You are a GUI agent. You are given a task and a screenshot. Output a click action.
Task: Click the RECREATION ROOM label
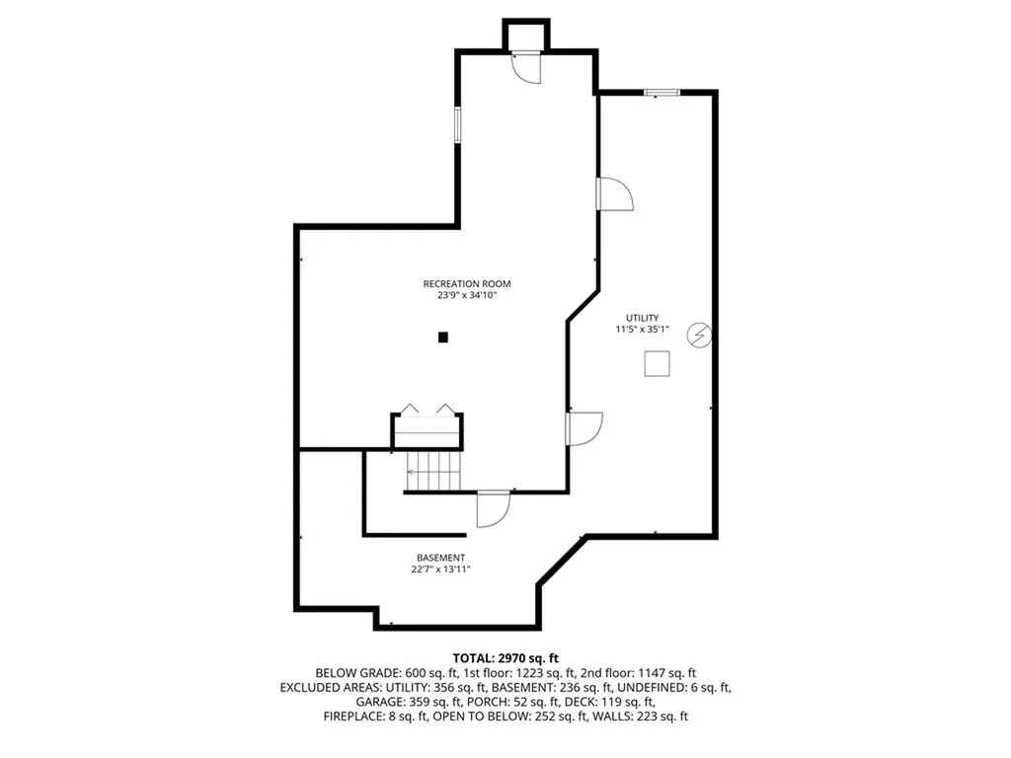coord(467,283)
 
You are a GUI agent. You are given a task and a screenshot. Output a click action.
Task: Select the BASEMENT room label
coord(440,558)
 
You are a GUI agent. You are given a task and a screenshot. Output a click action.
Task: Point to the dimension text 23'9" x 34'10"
coord(467,295)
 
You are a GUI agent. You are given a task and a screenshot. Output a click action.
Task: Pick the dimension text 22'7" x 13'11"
coord(440,569)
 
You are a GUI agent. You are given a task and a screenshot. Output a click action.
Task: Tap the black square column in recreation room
coord(443,338)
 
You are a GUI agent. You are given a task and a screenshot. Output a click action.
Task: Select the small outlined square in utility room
coord(658,364)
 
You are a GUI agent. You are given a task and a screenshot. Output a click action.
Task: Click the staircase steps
coord(434,471)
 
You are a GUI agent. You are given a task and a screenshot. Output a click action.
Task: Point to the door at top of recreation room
coord(525,66)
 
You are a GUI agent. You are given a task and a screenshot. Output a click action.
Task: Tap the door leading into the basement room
coord(491,507)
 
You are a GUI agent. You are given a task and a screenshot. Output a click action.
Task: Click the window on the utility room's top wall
coord(661,93)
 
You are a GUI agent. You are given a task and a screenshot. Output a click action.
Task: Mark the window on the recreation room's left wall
coord(457,126)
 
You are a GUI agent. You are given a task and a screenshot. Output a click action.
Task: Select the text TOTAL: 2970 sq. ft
coord(505,657)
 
